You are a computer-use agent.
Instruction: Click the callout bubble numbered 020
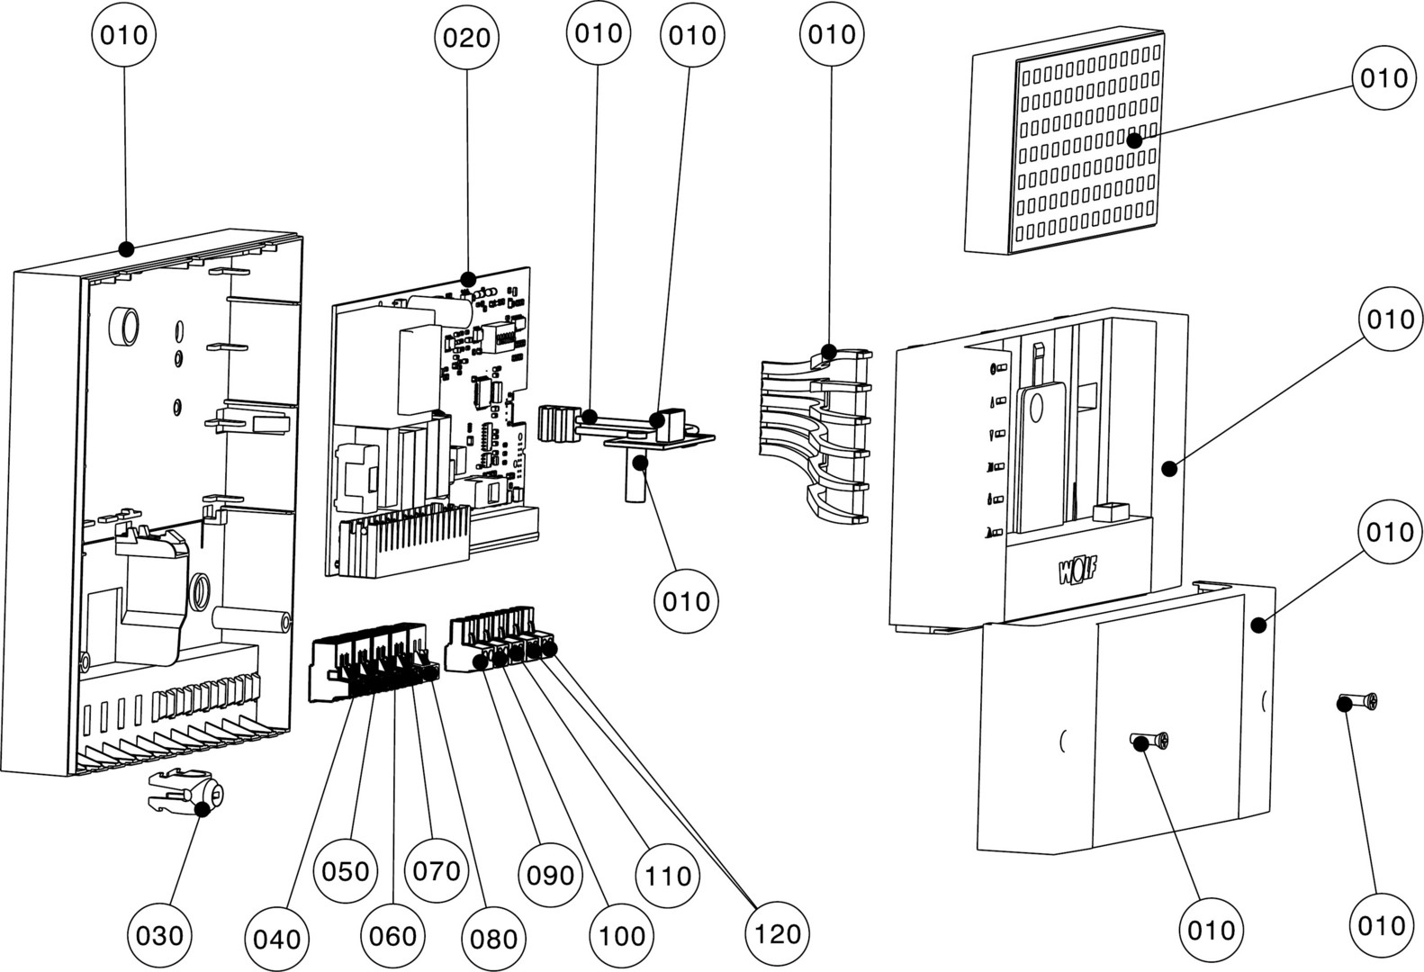click(x=467, y=37)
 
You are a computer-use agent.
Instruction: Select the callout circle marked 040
click(x=277, y=939)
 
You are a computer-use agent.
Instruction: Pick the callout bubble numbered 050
click(x=347, y=870)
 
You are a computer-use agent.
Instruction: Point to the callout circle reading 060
click(x=393, y=935)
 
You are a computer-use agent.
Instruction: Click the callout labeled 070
click(x=437, y=870)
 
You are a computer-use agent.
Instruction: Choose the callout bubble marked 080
click(x=494, y=939)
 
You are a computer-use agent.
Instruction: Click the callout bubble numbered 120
click(x=778, y=933)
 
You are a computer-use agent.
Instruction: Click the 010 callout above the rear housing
click(x=124, y=36)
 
